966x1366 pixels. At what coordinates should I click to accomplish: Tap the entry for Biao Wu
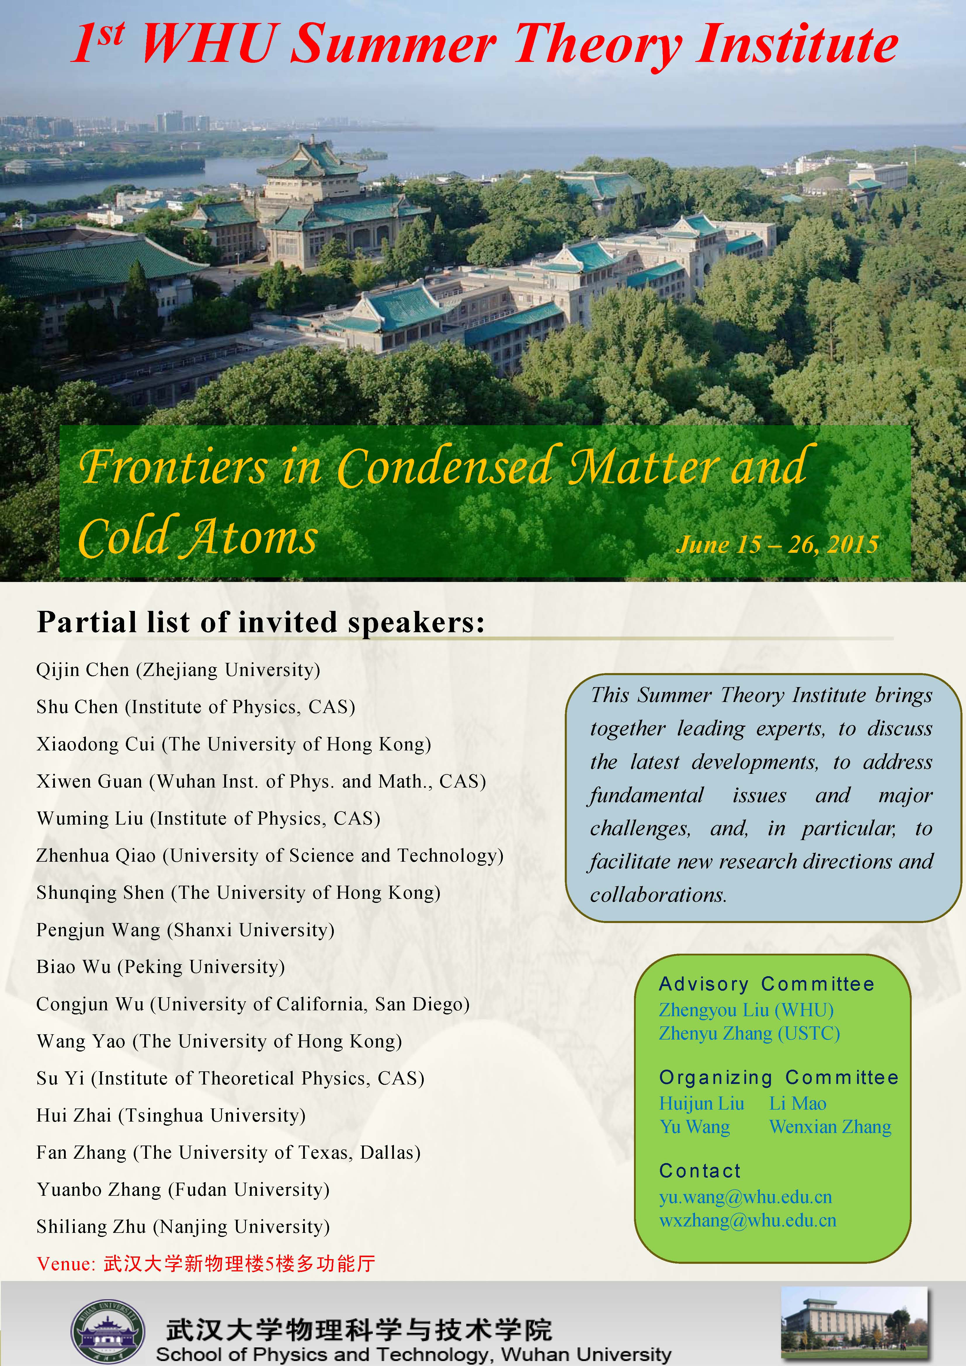click(161, 967)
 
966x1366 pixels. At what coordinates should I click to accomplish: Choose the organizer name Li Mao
click(798, 1103)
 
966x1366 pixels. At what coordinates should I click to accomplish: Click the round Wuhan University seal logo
click(108, 1331)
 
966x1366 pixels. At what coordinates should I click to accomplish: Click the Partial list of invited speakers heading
click(260, 622)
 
